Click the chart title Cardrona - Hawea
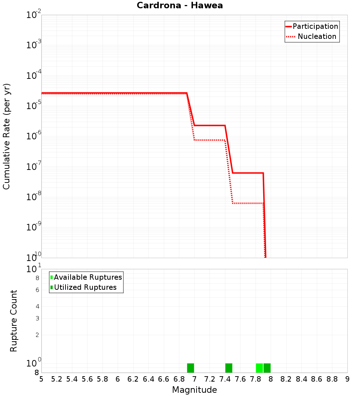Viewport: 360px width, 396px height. [x=180, y=5]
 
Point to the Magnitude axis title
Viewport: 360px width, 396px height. [x=194, y=390]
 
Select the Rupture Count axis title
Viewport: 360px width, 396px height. [x=14, y=320]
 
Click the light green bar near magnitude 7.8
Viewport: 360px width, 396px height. [x=259, y=368]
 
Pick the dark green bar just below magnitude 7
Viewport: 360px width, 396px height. [x=190, y=368]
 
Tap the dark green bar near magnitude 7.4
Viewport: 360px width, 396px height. [x=229, y=368]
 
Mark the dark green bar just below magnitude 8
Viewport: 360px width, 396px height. [x=267, y=368]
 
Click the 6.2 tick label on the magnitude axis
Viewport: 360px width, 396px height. [x=133, y=379]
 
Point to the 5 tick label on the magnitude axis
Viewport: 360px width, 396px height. [x=41, y=379]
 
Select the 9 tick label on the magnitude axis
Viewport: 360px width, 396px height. [x=347, y=379]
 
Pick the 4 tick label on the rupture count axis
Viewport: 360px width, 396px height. [x=37, y=306]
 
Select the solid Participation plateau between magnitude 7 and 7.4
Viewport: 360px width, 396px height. [x=210, y=125]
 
